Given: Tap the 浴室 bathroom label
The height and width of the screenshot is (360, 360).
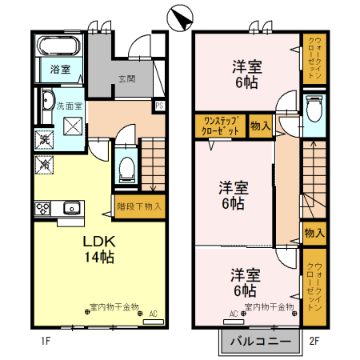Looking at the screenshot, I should pos(60,69).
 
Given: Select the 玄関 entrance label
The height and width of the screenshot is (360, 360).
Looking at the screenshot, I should pos(127,78).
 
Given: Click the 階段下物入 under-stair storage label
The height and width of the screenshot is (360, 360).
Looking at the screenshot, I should pos(140,206).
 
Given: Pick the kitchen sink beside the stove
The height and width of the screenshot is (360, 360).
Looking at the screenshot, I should pos(70,208).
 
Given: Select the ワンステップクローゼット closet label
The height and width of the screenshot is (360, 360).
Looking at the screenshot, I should pos(220,125).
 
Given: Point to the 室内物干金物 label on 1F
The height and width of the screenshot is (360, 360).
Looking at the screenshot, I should pos(113,306).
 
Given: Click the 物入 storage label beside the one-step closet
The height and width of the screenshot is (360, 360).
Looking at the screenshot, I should pos(260,125).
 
